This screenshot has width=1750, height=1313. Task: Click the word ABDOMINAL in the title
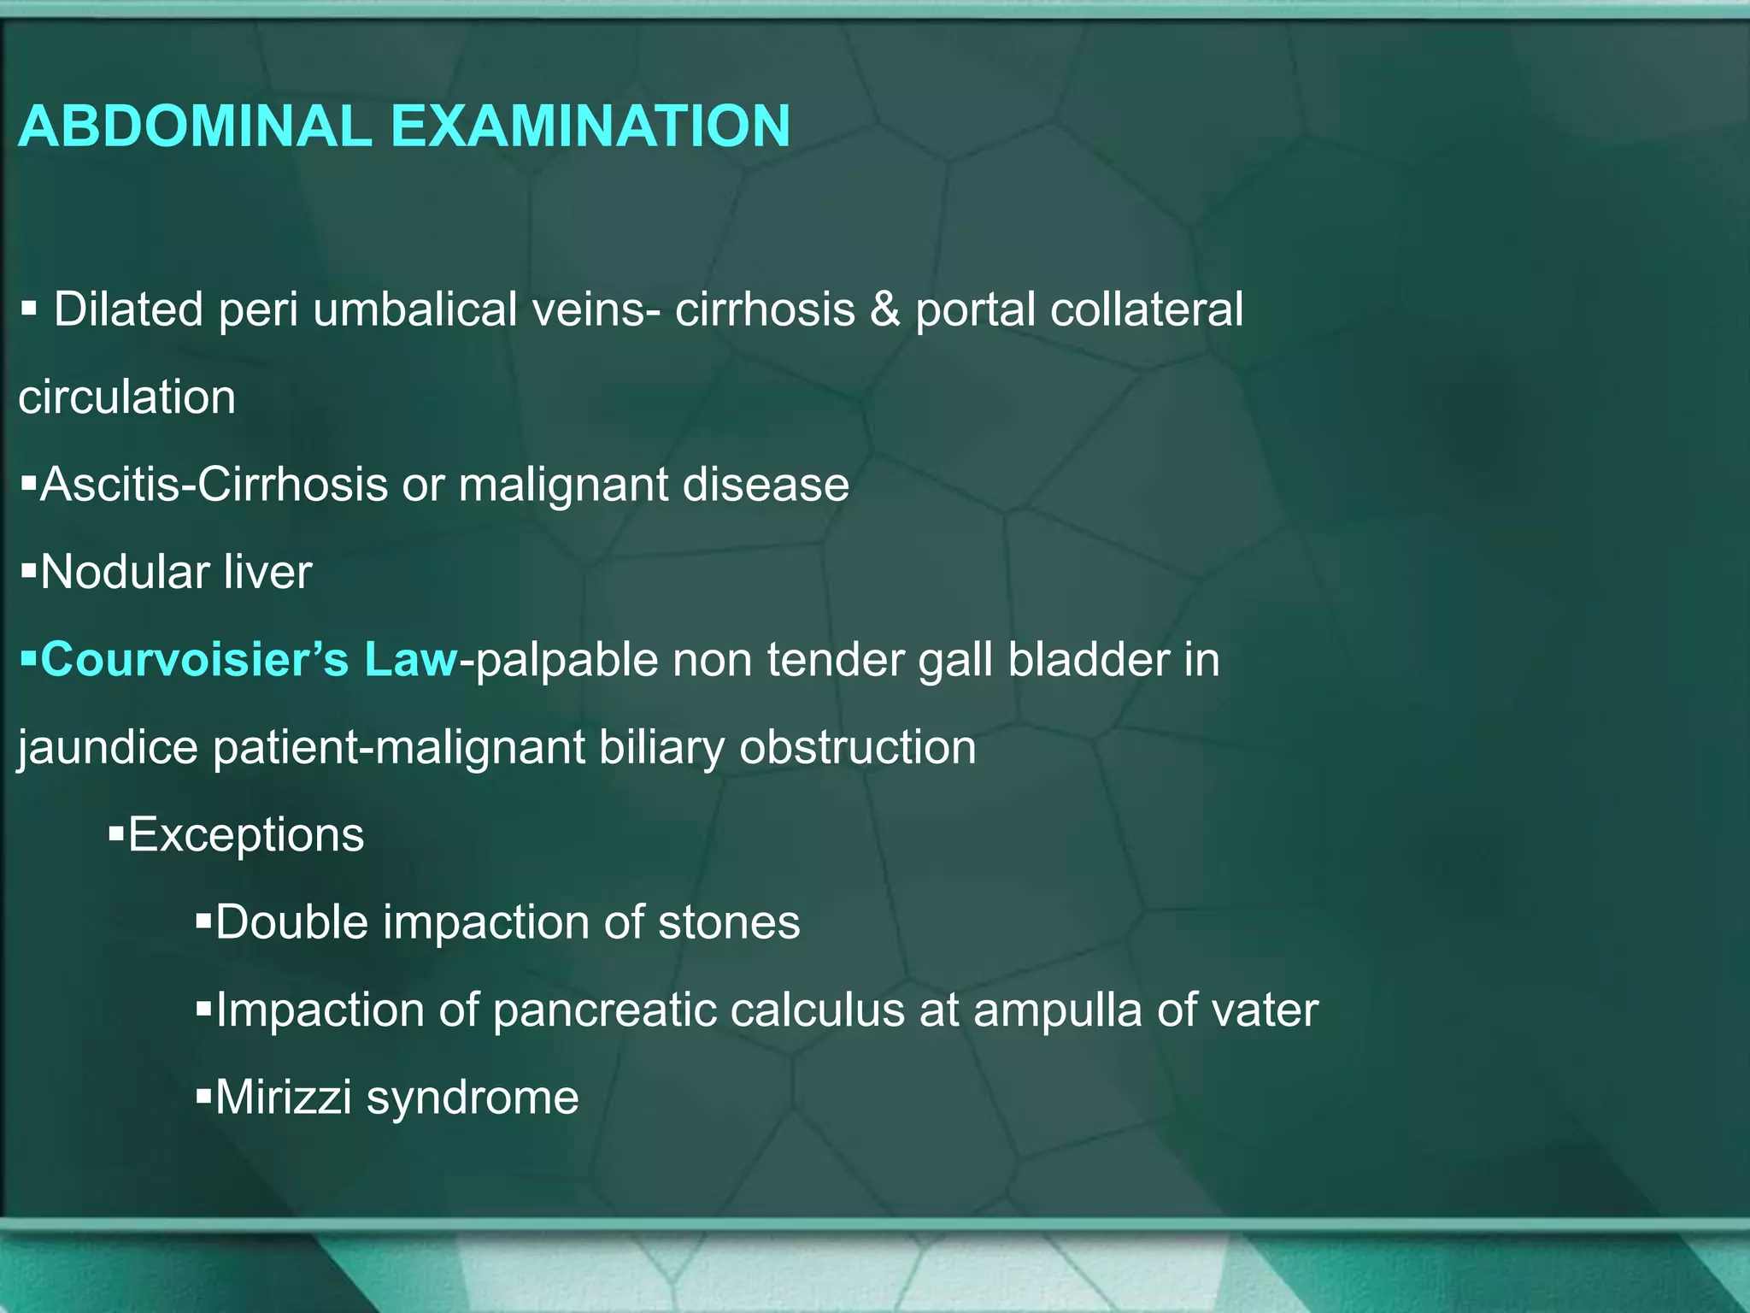pos(195,127)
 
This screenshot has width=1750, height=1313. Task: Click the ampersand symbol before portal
pos(885,309)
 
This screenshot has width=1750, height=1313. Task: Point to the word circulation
pos(126,397)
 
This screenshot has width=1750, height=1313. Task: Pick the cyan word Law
pos(411,660)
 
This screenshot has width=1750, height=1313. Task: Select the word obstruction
pos(857,748)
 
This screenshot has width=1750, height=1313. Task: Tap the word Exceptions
pos(245,836)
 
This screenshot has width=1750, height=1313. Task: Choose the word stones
pos(729,923)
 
